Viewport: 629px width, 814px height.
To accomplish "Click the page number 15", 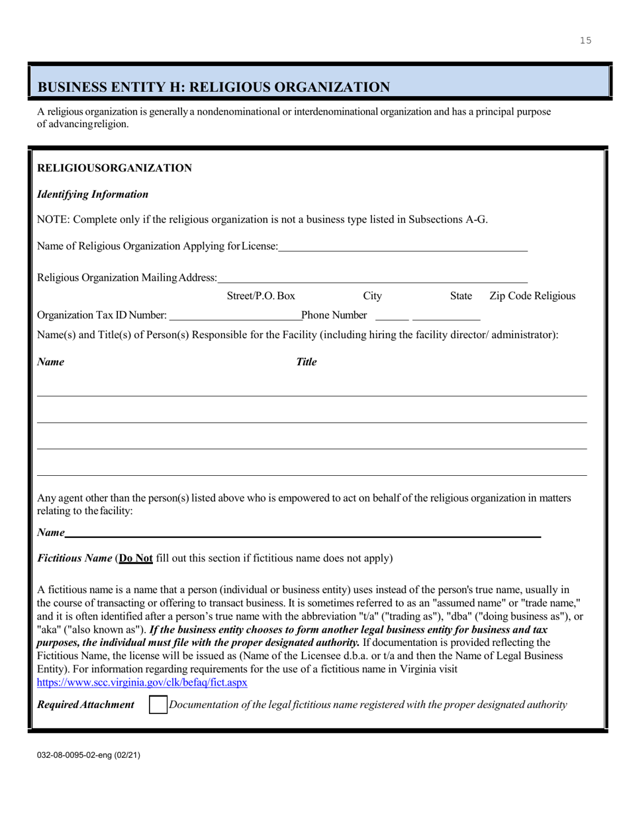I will tap(585, 41).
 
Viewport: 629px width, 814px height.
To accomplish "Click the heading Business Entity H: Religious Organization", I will tap(214, 87).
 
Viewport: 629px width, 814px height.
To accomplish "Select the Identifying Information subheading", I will tap(93, 195).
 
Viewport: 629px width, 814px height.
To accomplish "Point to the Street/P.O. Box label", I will tap(261, 296).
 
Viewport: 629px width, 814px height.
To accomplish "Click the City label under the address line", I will tap(373, 296).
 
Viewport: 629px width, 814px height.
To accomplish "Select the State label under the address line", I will tap(461, 296).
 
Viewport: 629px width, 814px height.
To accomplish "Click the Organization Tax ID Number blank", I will tap(235, 314).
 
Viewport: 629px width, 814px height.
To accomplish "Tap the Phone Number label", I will tap(334, 314).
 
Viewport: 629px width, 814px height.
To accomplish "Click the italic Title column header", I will tap(306, 362).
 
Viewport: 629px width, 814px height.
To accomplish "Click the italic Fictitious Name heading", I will tap(75, 558).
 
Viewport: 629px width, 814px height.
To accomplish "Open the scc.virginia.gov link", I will tap(142, 682).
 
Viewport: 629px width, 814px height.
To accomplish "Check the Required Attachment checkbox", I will tap(158, 705).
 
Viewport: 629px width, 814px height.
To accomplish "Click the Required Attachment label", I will tap(85, 705).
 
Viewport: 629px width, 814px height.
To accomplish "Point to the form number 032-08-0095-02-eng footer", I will tap(88, 754).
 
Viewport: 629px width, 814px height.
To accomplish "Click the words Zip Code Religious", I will tap(532, 296).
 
